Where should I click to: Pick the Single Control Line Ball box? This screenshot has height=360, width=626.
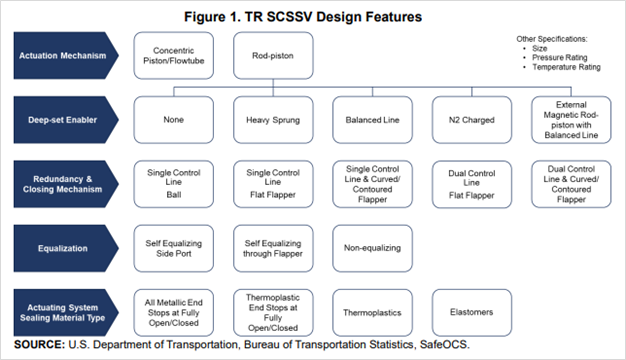pos(176,182)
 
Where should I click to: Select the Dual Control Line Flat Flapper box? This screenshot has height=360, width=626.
pos(469,182)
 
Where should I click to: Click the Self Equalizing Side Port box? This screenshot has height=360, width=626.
pos(176,248)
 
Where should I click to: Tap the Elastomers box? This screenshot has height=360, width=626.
pos(469,312)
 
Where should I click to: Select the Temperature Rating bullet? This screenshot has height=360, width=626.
pos(569,67)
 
